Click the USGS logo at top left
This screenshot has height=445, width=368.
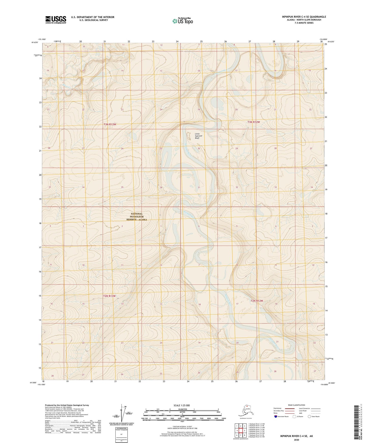pos(56,20)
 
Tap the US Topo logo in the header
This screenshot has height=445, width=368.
pos(182,21)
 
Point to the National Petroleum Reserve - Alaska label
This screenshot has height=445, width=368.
pos(137,217)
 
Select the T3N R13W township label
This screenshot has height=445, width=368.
pos(110,124)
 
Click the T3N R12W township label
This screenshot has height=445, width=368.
pos(254,122)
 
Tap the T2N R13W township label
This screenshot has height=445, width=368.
pos(109,296)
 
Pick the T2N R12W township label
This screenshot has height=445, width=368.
pos(257,301)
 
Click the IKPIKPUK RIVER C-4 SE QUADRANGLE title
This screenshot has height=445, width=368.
pos(304,17)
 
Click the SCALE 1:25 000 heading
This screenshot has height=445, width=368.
pos(182,405)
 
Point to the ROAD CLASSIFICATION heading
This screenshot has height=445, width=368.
pos(296,405)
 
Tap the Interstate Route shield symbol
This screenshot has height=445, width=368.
pos(276,416)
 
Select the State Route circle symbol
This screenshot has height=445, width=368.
pos(309,416)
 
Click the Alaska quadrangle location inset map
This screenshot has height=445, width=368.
pos(246,411)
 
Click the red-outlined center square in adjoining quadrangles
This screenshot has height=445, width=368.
pos(240,431)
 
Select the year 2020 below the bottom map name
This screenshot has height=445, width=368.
pos(296,440)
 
